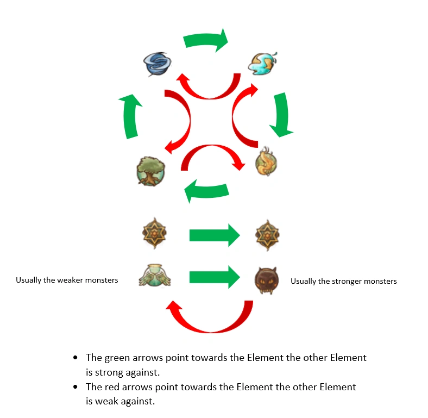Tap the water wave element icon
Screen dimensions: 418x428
pos(262,63)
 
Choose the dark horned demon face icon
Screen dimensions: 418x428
pos(267,280)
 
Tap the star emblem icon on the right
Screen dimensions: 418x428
pos(267,235)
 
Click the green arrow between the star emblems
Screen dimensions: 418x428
pos(214,235)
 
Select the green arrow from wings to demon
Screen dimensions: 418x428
pos(214,278)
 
